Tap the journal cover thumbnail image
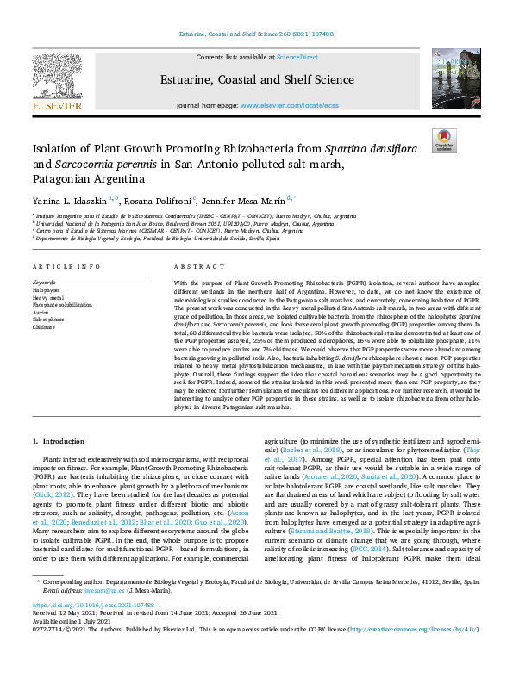tap(450, 79)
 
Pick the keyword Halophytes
tap(47, 291)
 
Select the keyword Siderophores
tap(49, 319)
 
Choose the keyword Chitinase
tap(46, 326)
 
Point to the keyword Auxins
tap(43, 312)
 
